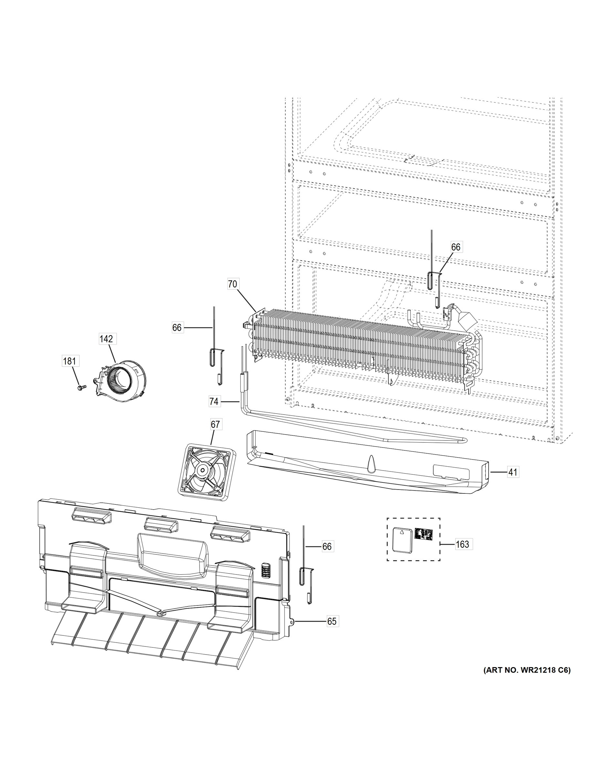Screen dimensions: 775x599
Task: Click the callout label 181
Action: click(x=69, y=361)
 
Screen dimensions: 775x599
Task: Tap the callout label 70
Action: click(x=232, y=284)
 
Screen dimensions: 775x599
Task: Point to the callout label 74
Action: click(x=214, y=401)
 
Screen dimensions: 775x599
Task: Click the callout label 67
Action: click(x=215, y=424)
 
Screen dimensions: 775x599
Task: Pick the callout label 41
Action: click(x=512, y=472)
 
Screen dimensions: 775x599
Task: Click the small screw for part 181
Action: click(x=80, y=387)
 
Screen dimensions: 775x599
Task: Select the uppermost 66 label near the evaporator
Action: click(x=456, y=247)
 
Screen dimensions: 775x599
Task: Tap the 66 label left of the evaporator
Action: click(x=177, y=327)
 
